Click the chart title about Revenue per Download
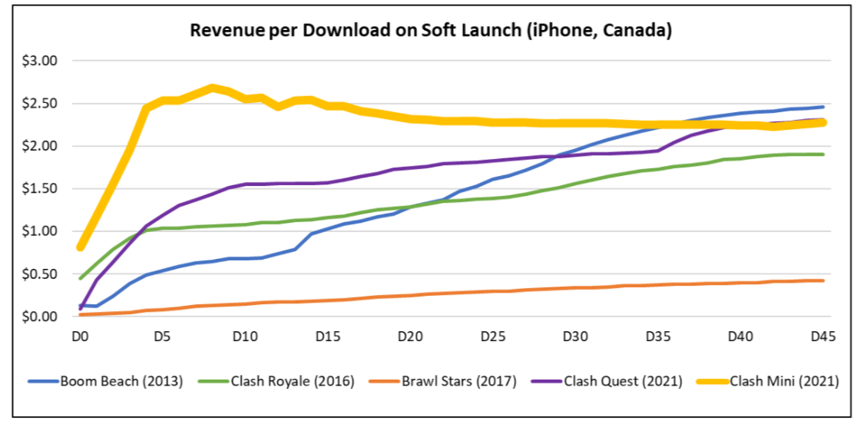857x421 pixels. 431,31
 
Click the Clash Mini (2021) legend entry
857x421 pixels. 779,381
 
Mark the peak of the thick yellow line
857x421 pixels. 212,88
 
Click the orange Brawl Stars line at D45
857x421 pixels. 822,281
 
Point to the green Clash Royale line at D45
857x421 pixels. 822,154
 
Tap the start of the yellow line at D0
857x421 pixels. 81,247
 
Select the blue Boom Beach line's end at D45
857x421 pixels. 822,107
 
